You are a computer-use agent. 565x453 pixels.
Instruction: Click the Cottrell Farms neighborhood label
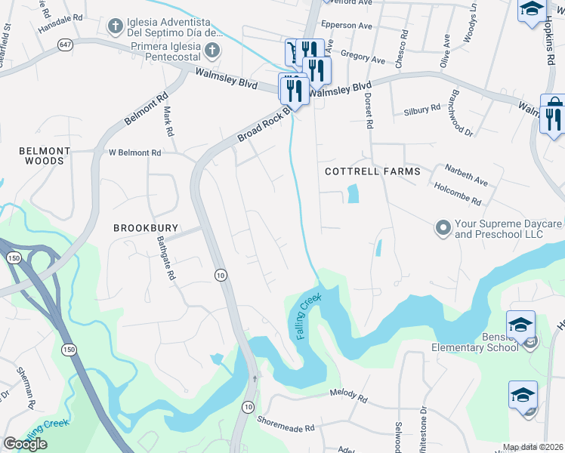(x=372, y=171)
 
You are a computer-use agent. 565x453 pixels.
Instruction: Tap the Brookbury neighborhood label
(x=140, y=226)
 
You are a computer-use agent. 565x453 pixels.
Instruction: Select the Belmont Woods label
(x=45, y=156)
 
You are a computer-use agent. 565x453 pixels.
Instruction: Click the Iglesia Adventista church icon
(x=115, y=26)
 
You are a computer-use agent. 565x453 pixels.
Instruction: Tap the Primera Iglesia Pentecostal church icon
(x=213, y=51)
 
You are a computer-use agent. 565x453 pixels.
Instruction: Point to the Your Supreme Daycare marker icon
(x=443, y=226)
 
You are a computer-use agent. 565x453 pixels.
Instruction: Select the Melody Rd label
(x=348, y=396)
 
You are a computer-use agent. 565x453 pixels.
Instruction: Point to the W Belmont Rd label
(x=135, y=153)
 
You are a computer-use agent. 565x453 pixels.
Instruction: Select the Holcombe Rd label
(x=456, y=193)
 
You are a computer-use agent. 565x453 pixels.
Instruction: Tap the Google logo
(x=26, y=443)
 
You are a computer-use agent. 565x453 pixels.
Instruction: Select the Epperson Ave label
(x=347, y=26)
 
